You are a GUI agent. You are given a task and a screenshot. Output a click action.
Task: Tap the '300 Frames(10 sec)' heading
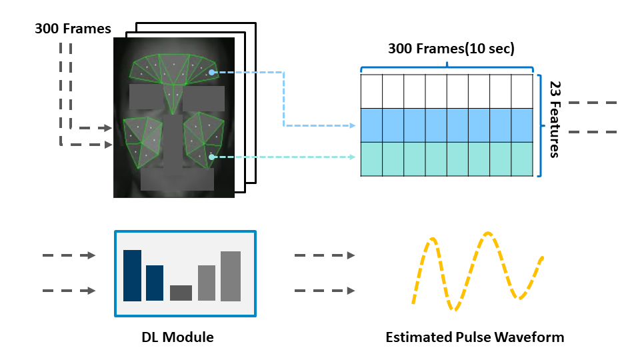coord(451,49)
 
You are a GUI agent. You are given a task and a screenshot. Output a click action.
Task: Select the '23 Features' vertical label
coord(554,119)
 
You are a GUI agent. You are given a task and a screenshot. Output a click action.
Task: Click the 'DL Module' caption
coord(177,337)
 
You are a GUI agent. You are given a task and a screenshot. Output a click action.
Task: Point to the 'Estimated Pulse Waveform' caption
coord(475,337)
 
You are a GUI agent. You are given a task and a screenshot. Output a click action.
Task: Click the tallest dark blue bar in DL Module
coord(132,275)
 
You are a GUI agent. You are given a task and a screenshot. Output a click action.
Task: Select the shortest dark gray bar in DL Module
coord(181,293)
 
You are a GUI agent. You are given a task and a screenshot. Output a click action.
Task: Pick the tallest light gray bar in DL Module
coord(230,275)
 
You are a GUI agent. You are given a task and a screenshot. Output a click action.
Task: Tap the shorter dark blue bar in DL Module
coord(155,283)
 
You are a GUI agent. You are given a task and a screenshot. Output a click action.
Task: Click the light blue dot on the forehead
coord(211,73)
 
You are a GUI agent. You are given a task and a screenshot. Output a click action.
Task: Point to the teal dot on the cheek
coord(211,157)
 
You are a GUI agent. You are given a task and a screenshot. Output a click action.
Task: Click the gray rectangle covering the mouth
coord(177,179)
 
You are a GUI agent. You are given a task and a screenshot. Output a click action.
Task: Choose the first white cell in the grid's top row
coord(371,91)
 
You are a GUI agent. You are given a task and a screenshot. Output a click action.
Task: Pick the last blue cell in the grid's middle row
coord(523,125)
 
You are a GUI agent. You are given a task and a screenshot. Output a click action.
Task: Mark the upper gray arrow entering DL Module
coord(69,255)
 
